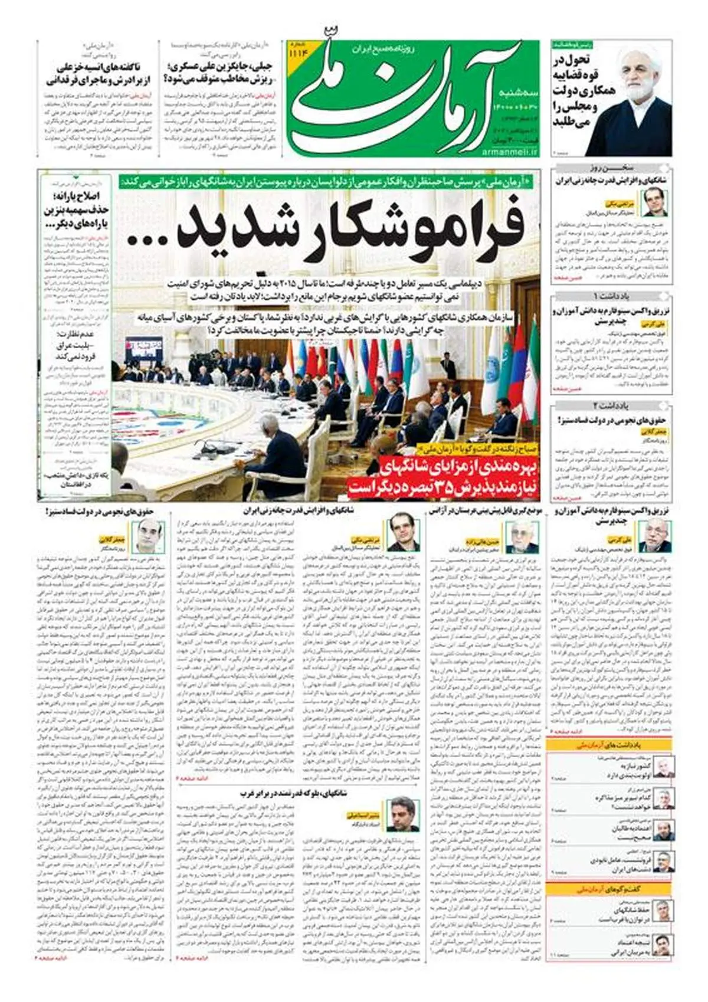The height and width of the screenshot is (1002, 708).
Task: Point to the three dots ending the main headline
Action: click(148, 240)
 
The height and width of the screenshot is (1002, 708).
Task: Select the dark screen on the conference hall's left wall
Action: click(143, 349)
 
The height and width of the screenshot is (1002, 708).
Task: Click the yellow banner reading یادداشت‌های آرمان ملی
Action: click(609, 745)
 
